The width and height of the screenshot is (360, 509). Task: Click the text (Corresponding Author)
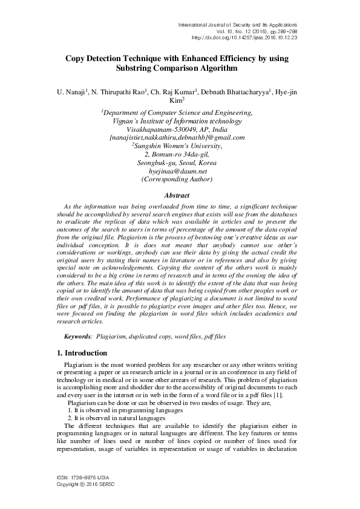tap(177, 180)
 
